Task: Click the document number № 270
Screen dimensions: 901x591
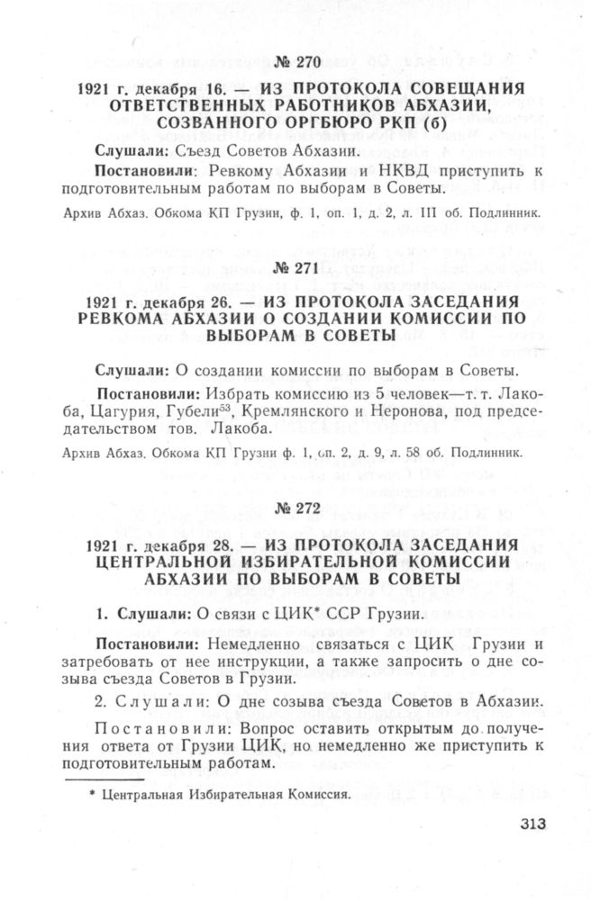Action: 295,63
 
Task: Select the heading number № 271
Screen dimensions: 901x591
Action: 295,268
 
